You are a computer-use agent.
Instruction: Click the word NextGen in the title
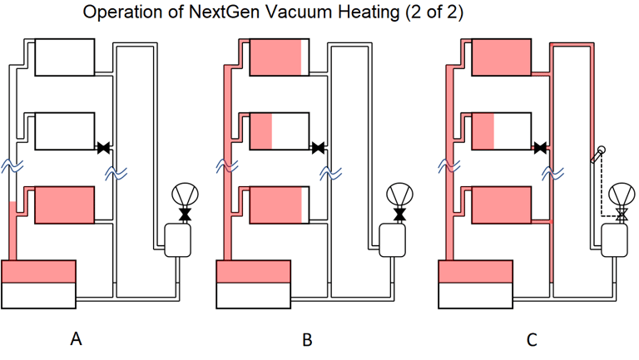click(220, 13)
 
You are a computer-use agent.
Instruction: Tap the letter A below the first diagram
click(76, 339)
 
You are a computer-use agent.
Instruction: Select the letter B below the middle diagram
click(307, 339)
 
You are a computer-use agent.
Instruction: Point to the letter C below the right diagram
click(532, 339)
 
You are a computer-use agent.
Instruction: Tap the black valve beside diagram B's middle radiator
click(318, 148)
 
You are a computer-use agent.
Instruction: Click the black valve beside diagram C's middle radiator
click(541, 148)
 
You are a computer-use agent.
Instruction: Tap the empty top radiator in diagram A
click(64, 57)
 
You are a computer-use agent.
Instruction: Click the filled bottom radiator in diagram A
click(64, 205)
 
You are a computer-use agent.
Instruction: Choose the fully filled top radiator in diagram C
click(501, 57)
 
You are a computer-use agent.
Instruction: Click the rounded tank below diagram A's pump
click(178, 241)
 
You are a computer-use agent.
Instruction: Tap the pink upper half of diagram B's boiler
click(253, 272)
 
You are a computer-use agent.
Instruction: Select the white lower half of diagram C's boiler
click(475, 295)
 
